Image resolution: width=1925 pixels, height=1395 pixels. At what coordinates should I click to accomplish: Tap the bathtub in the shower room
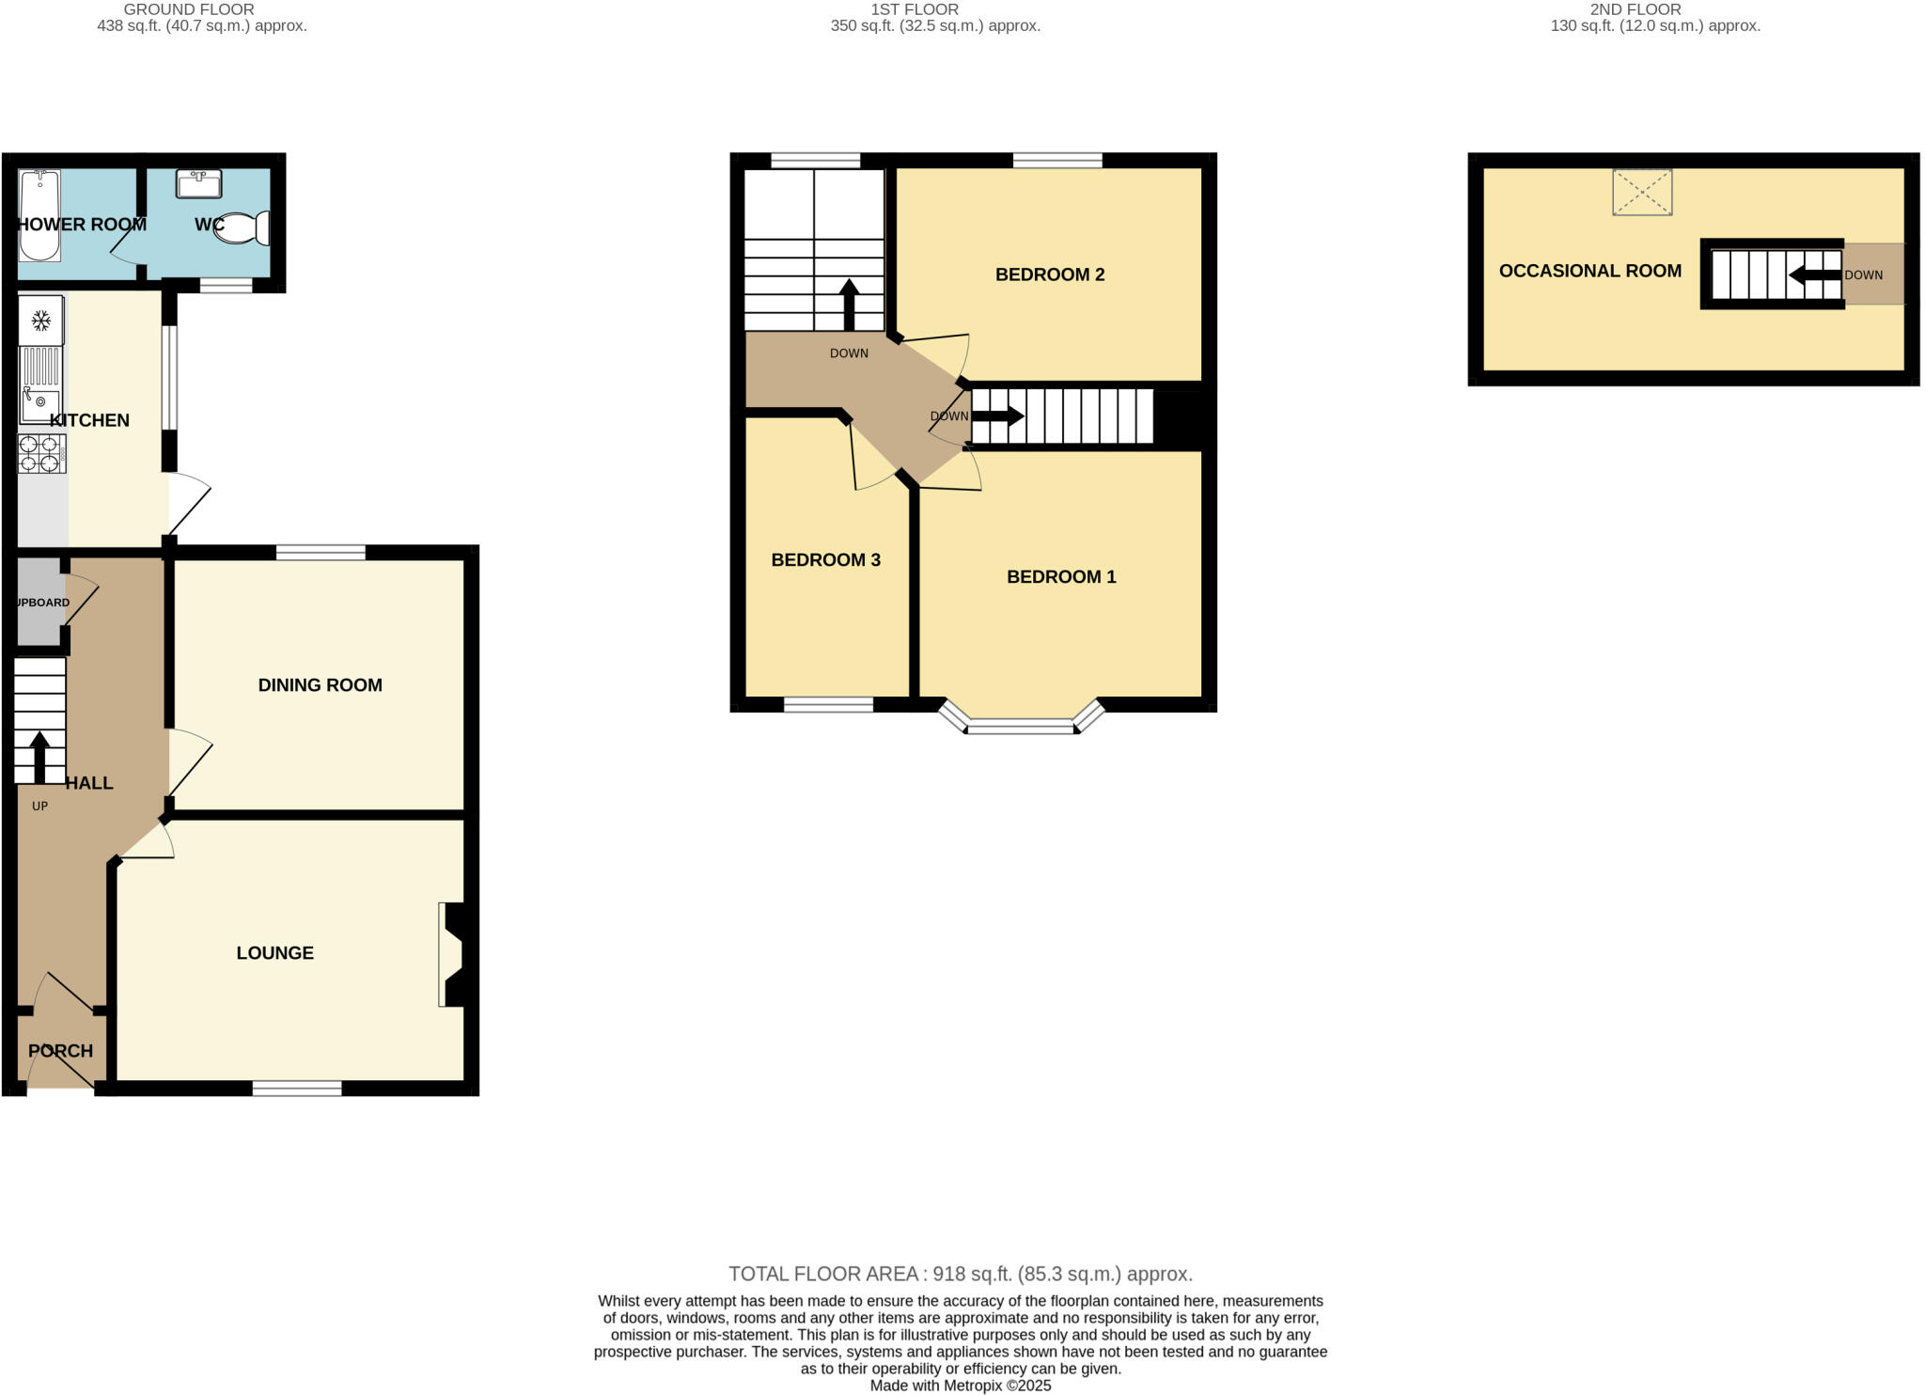point(39,215)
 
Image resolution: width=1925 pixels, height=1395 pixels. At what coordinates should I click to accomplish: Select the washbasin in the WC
point(198,183)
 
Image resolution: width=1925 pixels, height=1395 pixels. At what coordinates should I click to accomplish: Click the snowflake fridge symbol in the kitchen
point(40,321)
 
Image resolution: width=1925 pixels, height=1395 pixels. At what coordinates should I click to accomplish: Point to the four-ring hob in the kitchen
point(40,453)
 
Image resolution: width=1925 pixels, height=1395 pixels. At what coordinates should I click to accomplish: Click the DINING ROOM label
point(320,685)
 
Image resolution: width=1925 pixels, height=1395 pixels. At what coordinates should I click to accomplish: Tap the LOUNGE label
point(274,953)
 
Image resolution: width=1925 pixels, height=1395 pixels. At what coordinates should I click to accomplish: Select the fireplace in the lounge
point(452,955)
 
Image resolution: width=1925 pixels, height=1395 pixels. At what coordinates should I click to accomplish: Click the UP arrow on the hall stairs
point(39,756)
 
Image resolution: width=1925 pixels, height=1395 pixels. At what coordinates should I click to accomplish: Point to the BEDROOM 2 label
point(1050,274)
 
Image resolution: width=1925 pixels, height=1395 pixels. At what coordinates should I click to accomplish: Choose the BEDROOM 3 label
point(825,560)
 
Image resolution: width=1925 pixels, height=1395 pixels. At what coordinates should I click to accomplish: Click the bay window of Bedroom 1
point(1021,725)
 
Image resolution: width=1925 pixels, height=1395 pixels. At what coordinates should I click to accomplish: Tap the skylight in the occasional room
point(1641,192)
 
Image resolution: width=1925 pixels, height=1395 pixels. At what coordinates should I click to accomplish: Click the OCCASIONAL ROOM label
point(1589,271)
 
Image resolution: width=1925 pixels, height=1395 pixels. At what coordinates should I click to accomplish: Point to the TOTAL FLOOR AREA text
point(960,1274)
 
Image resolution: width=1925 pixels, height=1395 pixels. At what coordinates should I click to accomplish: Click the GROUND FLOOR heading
point(189,9)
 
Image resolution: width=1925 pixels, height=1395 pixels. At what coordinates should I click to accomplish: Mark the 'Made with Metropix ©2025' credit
point(960,1386)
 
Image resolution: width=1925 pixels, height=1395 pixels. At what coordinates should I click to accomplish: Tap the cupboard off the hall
point(39,603)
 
